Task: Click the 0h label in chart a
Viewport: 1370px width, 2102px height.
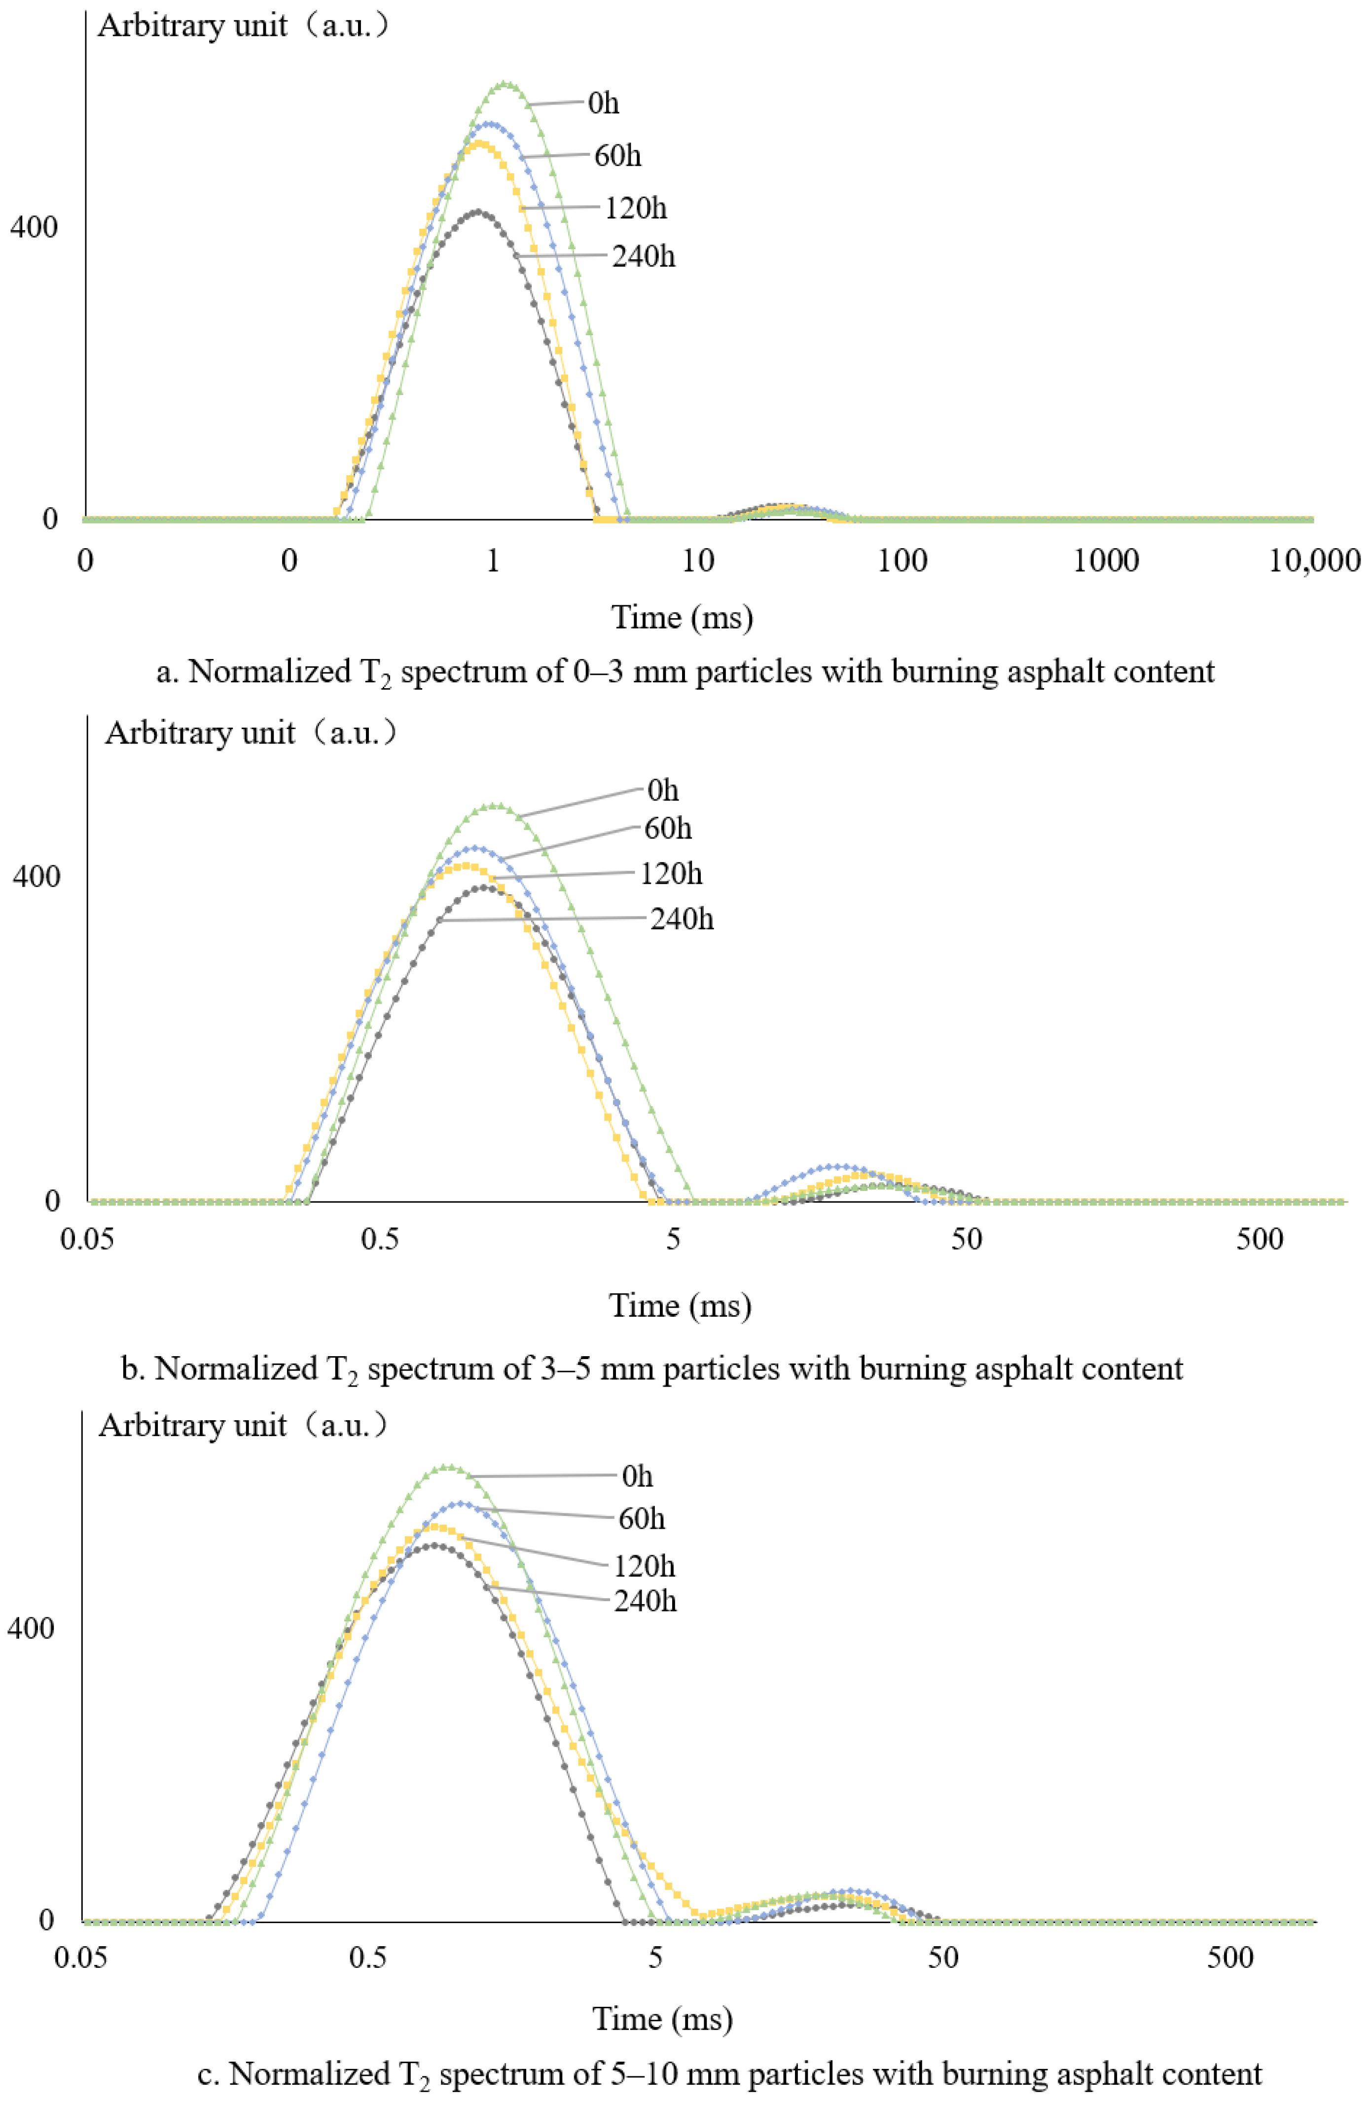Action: pyautogui.click(x=603, y=104)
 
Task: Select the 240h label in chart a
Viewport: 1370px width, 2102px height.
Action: pyautogui.click(x=643, y=256)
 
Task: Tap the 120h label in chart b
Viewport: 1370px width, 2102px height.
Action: pyautogui.click(x=670, y=874)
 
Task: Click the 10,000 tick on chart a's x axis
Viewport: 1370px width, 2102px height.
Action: pyautogui.click(x=1313, y=561)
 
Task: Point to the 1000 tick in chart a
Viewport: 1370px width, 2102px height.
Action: pyautogui.click(x=1105, y=561)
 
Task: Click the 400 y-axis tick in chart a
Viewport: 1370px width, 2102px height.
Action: pyautogui.click(x=34, y=227)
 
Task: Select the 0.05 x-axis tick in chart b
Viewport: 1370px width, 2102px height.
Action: pyautogui.click(x=87, y=1239)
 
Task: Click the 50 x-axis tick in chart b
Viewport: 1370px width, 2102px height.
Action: pyautogui.click(x=966, y=1239)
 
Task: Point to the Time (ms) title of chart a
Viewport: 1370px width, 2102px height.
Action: pyautogui.click(x=682, y=617)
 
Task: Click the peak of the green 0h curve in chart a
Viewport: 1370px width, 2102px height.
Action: pyautogui.click(x=505, y=84)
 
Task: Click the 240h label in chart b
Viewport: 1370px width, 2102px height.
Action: pyautogui.click(x=682, y=919)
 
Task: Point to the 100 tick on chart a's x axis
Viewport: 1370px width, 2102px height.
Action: pyautogui.click(x=902, y=561)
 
